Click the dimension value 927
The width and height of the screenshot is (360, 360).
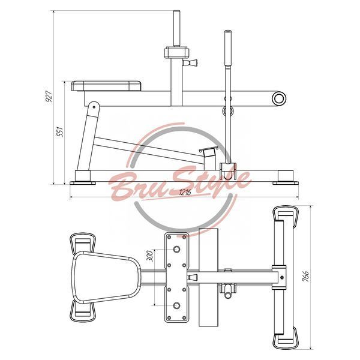tap(49, 96)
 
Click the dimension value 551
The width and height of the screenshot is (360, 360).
tap(60, 131)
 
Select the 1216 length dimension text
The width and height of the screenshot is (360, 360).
tap(185, 192)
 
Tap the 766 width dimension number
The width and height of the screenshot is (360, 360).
tap(305, 276)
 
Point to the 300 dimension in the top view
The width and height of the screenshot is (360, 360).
tap(149, 256)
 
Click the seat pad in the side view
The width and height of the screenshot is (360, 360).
tap(106, 86)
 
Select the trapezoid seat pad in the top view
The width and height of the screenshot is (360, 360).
tap(106, 277)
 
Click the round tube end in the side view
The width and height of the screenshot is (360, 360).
tap(279, 98)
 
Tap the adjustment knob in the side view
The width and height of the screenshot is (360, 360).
tap(190, 62)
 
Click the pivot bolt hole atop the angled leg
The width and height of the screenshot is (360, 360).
tap(94, 107)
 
